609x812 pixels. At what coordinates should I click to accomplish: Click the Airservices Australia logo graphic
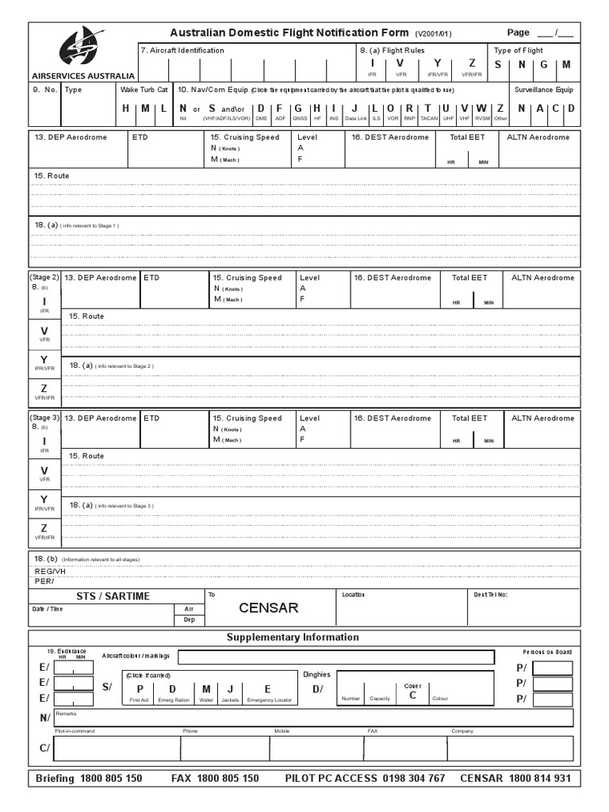(x=82, y=46)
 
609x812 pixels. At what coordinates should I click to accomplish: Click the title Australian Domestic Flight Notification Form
(x=290, y=33)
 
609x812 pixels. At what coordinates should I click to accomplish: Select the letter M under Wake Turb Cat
(x=144, y=108)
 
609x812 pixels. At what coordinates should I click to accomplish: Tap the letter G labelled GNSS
(x=298, y=108)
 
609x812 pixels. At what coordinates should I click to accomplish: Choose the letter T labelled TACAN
(x=428, y=108)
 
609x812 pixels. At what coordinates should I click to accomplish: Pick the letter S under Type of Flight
(x=498, y=64)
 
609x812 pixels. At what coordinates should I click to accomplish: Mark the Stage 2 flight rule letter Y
(x=44, y=360)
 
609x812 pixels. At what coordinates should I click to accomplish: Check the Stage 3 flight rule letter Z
(x=44, y=528)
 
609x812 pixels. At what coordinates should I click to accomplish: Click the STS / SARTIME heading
(x=113, y=596)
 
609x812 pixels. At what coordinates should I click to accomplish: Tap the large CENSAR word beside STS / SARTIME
(x=269, y=608)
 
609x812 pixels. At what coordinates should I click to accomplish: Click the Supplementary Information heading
(x=293, y=637)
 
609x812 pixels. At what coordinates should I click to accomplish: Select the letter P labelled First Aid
(x=140, y=688)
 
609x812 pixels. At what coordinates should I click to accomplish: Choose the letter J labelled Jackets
(x=229, y=688)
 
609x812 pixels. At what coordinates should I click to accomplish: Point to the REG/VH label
(x=50, y=571)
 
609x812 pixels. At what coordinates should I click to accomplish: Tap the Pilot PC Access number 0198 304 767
(x=413, y=778)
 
